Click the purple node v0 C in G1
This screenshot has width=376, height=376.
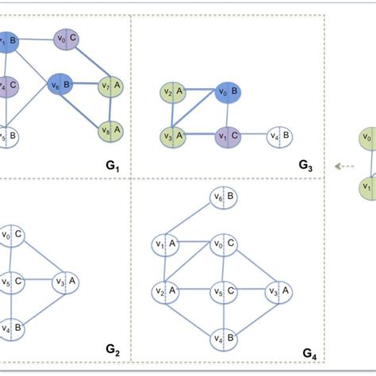(x=66, y=37)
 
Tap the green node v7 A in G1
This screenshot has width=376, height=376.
(x=109, y=85)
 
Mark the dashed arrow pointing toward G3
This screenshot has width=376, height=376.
(x=343, y=167)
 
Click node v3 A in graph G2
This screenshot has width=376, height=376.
(x=66, y=281)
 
